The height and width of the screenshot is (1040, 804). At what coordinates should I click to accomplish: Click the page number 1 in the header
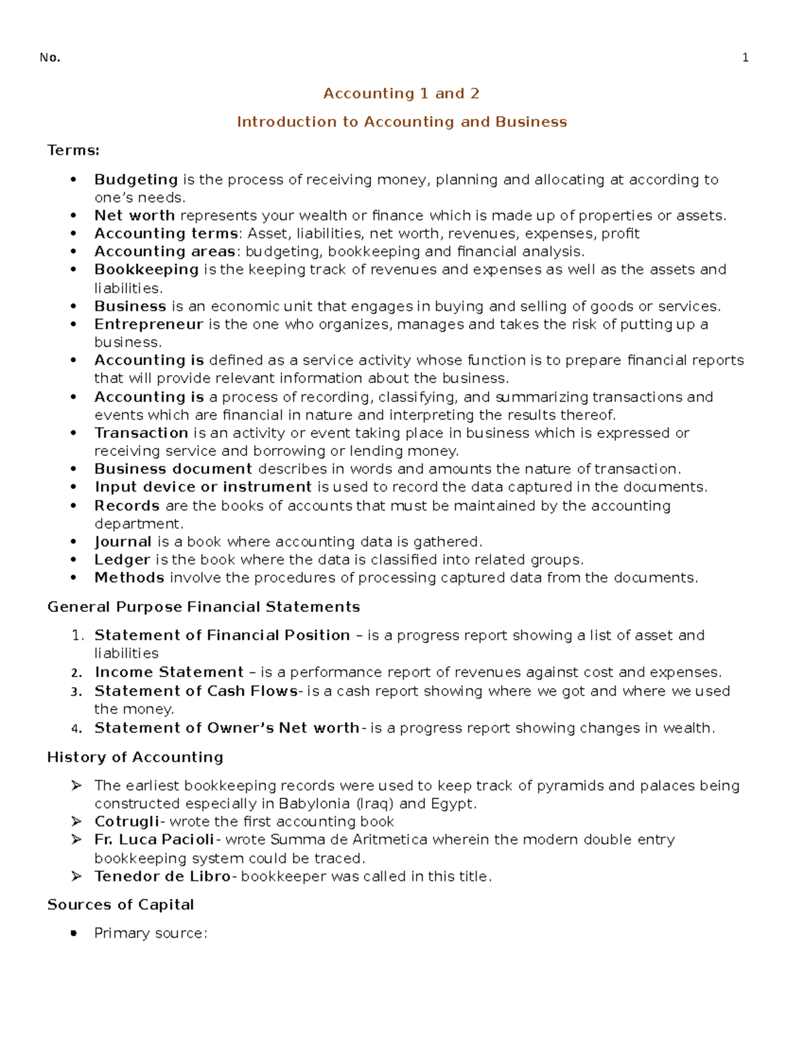[x=745, y=58]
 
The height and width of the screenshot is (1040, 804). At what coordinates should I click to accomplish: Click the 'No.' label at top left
[x=50, y=58]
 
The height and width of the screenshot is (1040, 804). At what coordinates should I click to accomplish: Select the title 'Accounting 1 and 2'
[x=401, y=94]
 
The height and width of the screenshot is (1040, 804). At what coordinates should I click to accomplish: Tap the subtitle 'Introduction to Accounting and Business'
[x=401, y=122]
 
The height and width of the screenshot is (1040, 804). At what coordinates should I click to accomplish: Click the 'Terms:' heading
[x=73, y=150]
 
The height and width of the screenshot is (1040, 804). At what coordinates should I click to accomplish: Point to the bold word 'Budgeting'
[x=136, y=179]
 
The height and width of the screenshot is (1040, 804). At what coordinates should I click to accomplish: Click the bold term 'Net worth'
[x=134, y=216]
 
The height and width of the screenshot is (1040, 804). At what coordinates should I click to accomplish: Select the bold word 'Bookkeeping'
[x=146, y=269]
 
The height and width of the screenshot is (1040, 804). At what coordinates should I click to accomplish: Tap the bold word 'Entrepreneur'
[x=148, y=324]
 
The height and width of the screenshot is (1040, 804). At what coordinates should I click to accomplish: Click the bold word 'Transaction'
[x=141, y=433]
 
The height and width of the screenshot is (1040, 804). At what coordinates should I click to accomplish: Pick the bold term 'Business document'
[x=173, y=469]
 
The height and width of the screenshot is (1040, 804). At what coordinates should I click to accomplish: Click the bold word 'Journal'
[x=123, y=541]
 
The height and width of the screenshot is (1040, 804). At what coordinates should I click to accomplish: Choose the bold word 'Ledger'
[x=122, y=559]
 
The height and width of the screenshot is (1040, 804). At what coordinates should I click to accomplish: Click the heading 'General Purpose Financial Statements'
[x=204, y=607]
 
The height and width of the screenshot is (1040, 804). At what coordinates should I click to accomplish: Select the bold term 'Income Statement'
[x=169, y=672]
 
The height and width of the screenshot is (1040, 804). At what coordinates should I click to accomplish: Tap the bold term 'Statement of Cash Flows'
[x=196, y=690]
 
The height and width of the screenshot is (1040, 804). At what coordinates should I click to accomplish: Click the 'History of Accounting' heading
[x=135, y=757]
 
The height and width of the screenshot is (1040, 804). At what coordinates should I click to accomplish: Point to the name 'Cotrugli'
[x=127, y=821]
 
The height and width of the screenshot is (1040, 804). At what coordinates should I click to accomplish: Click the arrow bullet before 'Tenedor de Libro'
[x=76, y=876]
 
